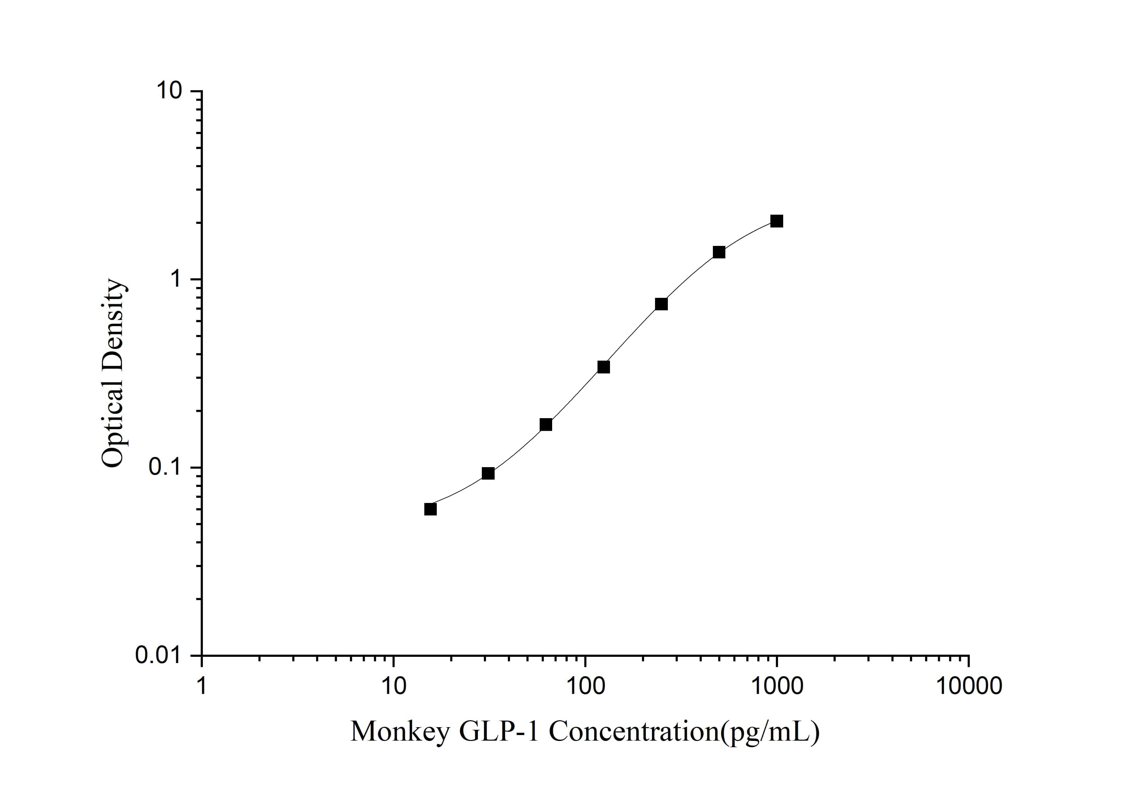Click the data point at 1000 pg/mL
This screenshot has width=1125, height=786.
point(777,221)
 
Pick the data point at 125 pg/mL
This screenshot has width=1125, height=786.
point(604,367)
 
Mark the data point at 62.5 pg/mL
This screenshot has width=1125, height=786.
point(546,424)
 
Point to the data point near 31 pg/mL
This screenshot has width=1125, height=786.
point(488,473)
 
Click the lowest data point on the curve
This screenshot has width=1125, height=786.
point(430,509)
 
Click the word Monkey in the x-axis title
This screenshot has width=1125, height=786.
point(400,732)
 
